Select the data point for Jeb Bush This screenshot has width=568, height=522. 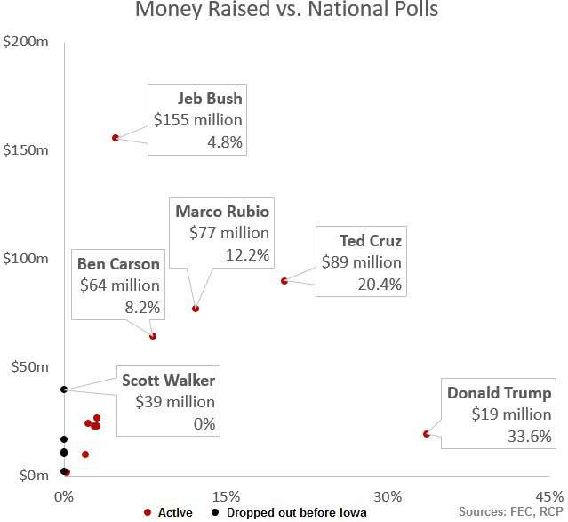pyautogui.click(x=116, y=137)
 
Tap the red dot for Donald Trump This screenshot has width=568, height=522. pyautogui.click(x=427, y=434)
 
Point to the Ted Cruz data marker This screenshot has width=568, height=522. pyautogui.click(x=284, y=281)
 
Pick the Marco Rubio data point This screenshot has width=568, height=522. pyautogui.click(x=196, y=309)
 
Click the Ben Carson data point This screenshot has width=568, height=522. pyautogui.click(x=153, y=336)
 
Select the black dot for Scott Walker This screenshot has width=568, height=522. pyautogui.click(x=64, y=389)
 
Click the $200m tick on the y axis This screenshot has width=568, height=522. pyautogui.click(x=26, y=42)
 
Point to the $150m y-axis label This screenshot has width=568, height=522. pyautogui.click(x=26, y=149)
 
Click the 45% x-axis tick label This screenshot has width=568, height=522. pyautogui.click(x=548, y=495)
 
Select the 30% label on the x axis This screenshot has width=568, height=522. pyautogui.click(x=388, y=495)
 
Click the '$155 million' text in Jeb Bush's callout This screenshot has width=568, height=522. pyautogui.click(x=197, y=120)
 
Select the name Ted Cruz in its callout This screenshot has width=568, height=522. pyautogui.click(x=371, y=240)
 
